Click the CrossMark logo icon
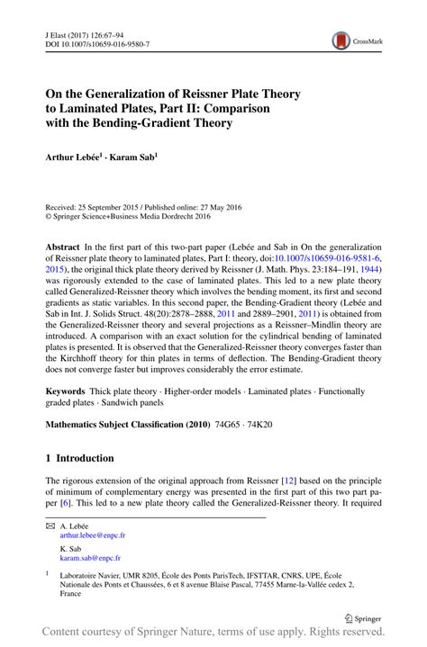(341, 39)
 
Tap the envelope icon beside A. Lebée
(50, 525)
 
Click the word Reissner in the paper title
(199, 93)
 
